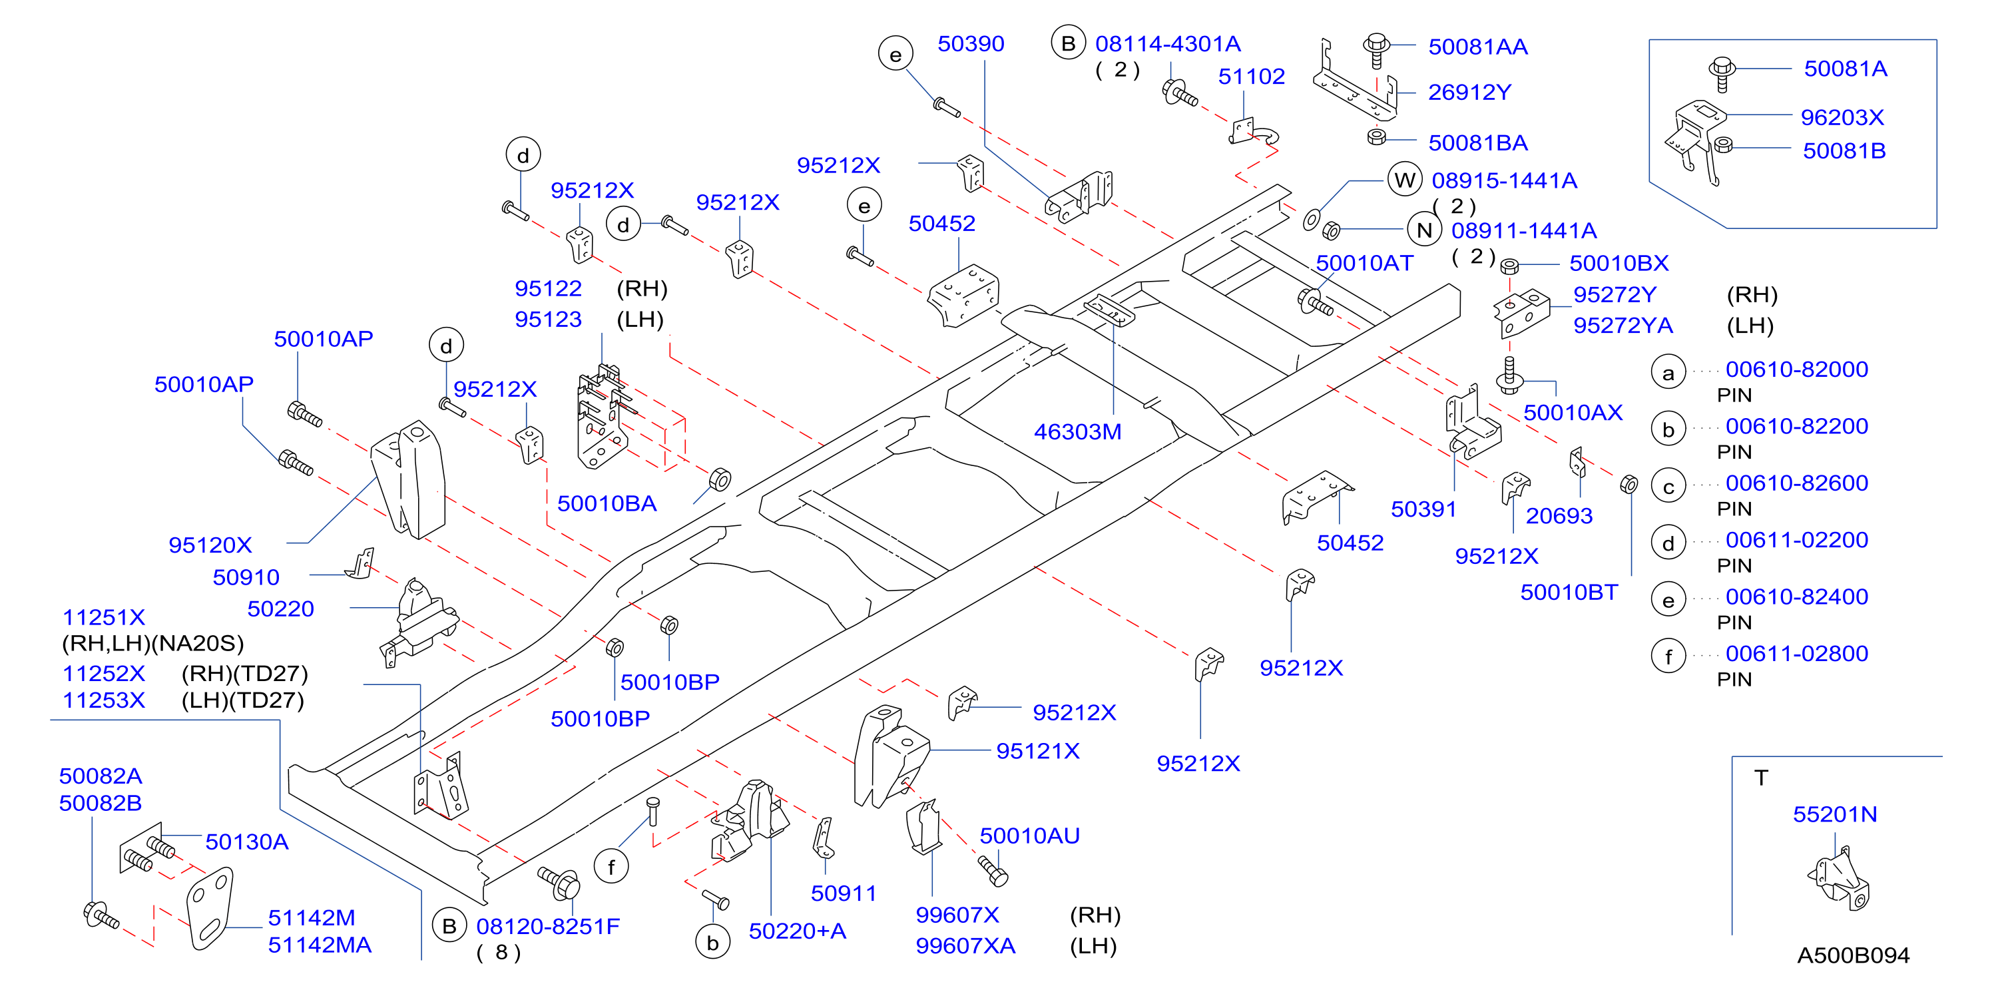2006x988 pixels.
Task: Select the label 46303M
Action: pyautogui.click(x=1077, y=431)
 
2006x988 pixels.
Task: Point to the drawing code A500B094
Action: pyautogui.click(x=1853, y=955)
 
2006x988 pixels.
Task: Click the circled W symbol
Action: pyautogui.click(x=1404, y=180)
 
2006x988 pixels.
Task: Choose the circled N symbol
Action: pyautogui.click(x=1424, y=230)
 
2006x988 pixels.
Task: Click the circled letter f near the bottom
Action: pyautogui.click(x=611, y=867)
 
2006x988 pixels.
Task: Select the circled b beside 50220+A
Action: pyautogui.click(x=712, y=942)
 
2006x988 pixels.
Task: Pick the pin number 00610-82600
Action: pyautogui.click(x=1796, y=483)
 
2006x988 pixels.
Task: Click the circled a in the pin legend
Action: pyautogui.click(x=1668, y=373)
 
